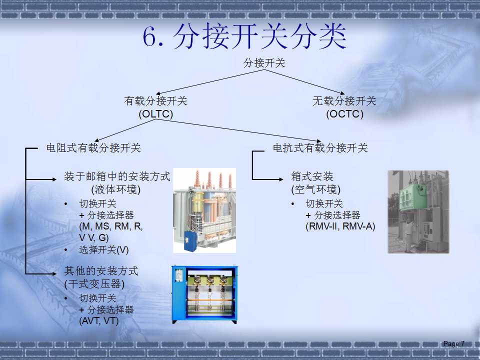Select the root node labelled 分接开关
coord(264,63)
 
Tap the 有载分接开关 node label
coord(155,101)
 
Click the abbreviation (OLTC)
coord(155,114)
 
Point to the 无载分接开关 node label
coord(344,101)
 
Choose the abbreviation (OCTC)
coord(344,114)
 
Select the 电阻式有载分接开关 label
coord(93,148)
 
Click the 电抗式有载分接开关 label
coord(320,148)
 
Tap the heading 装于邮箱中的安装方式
coord(117,176)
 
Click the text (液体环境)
coord(115,190)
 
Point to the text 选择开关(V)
coord(103,249)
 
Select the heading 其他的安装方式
coord(101,271)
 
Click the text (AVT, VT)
coord(99,321)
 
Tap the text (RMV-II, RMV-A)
coord(340,226)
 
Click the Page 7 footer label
coord(453,343)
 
